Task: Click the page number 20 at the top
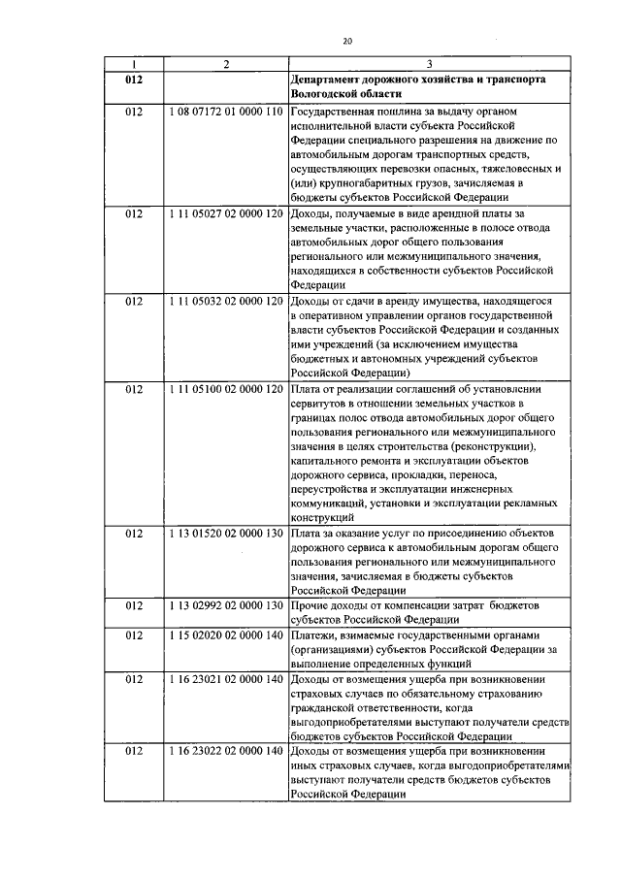click(346, 40)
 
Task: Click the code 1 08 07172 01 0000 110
click(225, 114)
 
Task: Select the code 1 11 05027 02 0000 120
click(225, 212)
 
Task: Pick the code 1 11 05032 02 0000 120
click(225, 301)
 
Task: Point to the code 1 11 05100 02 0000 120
click(225, 390)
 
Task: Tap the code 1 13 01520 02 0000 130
click(225, 533)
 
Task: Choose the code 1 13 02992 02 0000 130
click(225, 606)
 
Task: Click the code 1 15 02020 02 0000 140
click(225, 637)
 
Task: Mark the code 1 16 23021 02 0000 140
click(225, 682)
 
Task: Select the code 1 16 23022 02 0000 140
click(225, 753)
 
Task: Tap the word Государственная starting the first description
click(339, 114)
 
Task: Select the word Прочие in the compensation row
click(310, 606)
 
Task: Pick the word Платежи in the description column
click(314, 637)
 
